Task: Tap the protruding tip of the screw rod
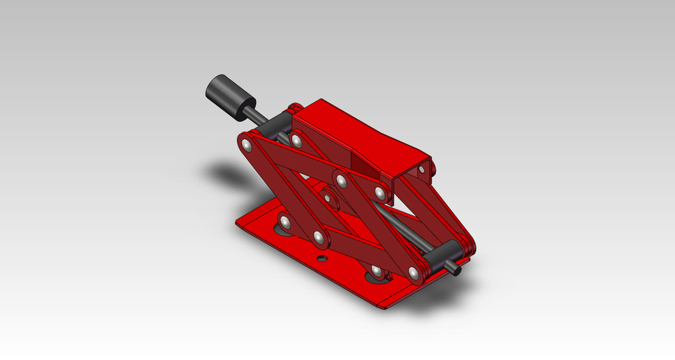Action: pos(455,268)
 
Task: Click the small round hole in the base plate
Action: pos(322,259)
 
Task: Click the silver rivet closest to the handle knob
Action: pos(246,146)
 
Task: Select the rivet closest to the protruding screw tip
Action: pos(413,273)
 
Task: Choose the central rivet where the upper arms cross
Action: pos(342,181)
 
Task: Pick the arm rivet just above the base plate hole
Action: pos(321,238)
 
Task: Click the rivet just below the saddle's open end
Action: pos(380,192)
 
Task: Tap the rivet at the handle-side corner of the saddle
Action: pos(297,141)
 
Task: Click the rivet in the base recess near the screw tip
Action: pos(377,271)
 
